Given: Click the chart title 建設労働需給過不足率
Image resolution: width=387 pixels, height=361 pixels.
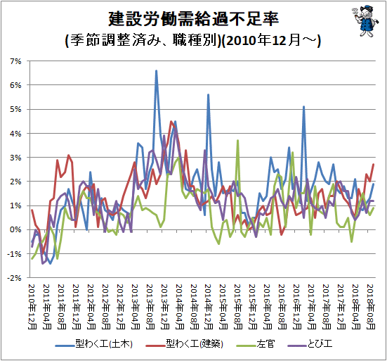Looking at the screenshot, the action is [x=194, y=19].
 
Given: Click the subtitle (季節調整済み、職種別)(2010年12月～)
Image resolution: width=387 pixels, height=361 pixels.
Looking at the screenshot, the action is [x=193, y=40].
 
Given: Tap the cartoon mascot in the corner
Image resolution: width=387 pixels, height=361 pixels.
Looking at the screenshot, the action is [x=365, y=21].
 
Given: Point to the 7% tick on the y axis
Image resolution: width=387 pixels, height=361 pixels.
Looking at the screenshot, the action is [x=15, y=61].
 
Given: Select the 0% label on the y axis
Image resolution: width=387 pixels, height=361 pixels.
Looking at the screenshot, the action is [x=15, y=229].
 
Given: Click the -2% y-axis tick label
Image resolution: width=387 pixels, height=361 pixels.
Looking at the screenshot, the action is [x=14, y=278].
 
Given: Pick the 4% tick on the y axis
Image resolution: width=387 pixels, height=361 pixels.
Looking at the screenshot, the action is [x=15, y=134].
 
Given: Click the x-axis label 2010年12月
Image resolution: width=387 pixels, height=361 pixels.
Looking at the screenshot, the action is [x=32, y=307].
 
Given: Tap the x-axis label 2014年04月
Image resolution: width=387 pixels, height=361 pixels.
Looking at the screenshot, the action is [x=179, y=307].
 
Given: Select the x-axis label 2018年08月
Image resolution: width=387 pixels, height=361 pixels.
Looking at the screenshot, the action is [x=371, y=307].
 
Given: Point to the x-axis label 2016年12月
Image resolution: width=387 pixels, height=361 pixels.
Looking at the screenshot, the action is [x=297, y=307].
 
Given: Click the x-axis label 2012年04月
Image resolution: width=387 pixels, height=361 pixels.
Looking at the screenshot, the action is [x=91, y=307].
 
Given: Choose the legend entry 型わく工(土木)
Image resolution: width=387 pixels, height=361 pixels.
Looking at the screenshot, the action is [x=94, y=344].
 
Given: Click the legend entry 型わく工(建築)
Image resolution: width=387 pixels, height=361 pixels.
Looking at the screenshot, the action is [x=184, y=344].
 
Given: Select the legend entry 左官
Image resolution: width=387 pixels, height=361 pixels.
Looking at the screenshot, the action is [x=255, y=344].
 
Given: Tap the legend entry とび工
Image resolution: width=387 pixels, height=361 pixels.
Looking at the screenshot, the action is [x=310, y=344].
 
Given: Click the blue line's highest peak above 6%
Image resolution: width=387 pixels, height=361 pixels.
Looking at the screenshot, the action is [x=156, y=71].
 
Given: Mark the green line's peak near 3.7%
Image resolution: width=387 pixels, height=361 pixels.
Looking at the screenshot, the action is [x=237, y=141].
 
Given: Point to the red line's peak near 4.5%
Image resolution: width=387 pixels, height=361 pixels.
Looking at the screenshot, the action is [x=171, y=122].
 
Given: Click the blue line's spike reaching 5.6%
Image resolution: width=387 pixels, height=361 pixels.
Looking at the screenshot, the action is [x=209, y=95].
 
